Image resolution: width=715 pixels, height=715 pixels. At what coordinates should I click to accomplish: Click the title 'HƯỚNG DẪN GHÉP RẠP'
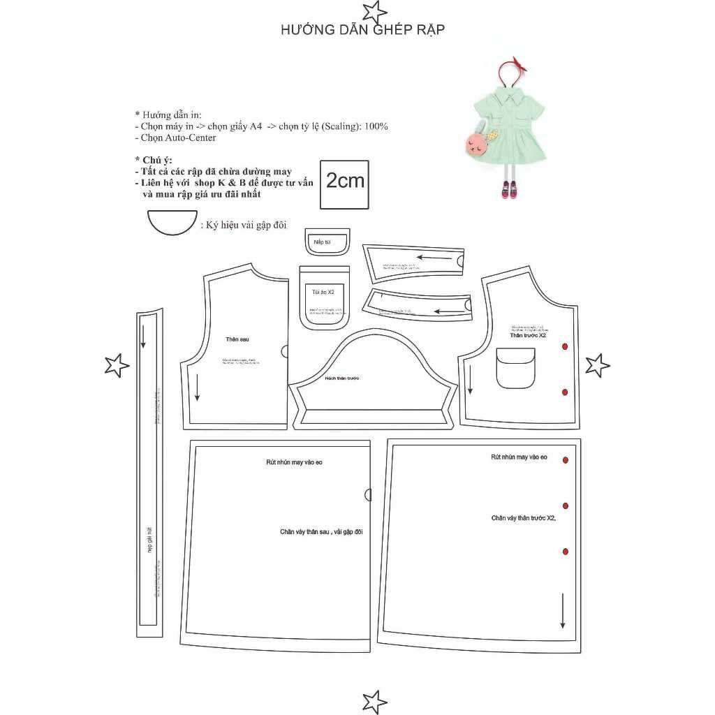pos(362,30)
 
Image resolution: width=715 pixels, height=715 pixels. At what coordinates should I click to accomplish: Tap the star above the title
pos(375,10)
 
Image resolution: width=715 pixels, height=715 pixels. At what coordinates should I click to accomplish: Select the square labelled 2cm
pos(345,184)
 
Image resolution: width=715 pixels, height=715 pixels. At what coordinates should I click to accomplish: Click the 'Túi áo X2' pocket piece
pos(324,296)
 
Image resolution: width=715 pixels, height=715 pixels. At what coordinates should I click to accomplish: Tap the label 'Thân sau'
pos(237,339)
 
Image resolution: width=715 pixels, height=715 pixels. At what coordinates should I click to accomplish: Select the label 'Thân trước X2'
pos(528,335)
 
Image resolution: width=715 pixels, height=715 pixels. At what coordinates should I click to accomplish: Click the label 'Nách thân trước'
pos(341,378)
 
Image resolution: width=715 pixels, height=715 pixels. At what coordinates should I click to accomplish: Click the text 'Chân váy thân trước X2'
pos(523,518)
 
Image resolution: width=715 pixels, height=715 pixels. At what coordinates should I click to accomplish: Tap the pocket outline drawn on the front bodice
pos(516,369)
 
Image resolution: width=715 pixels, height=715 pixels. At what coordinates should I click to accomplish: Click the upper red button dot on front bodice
pos(565,347)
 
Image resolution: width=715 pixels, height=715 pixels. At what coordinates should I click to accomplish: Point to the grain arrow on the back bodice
pos(198,387)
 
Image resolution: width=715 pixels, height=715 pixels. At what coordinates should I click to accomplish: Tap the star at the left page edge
pos(116,365)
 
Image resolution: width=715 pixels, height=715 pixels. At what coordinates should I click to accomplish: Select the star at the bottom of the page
pos(375,700)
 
